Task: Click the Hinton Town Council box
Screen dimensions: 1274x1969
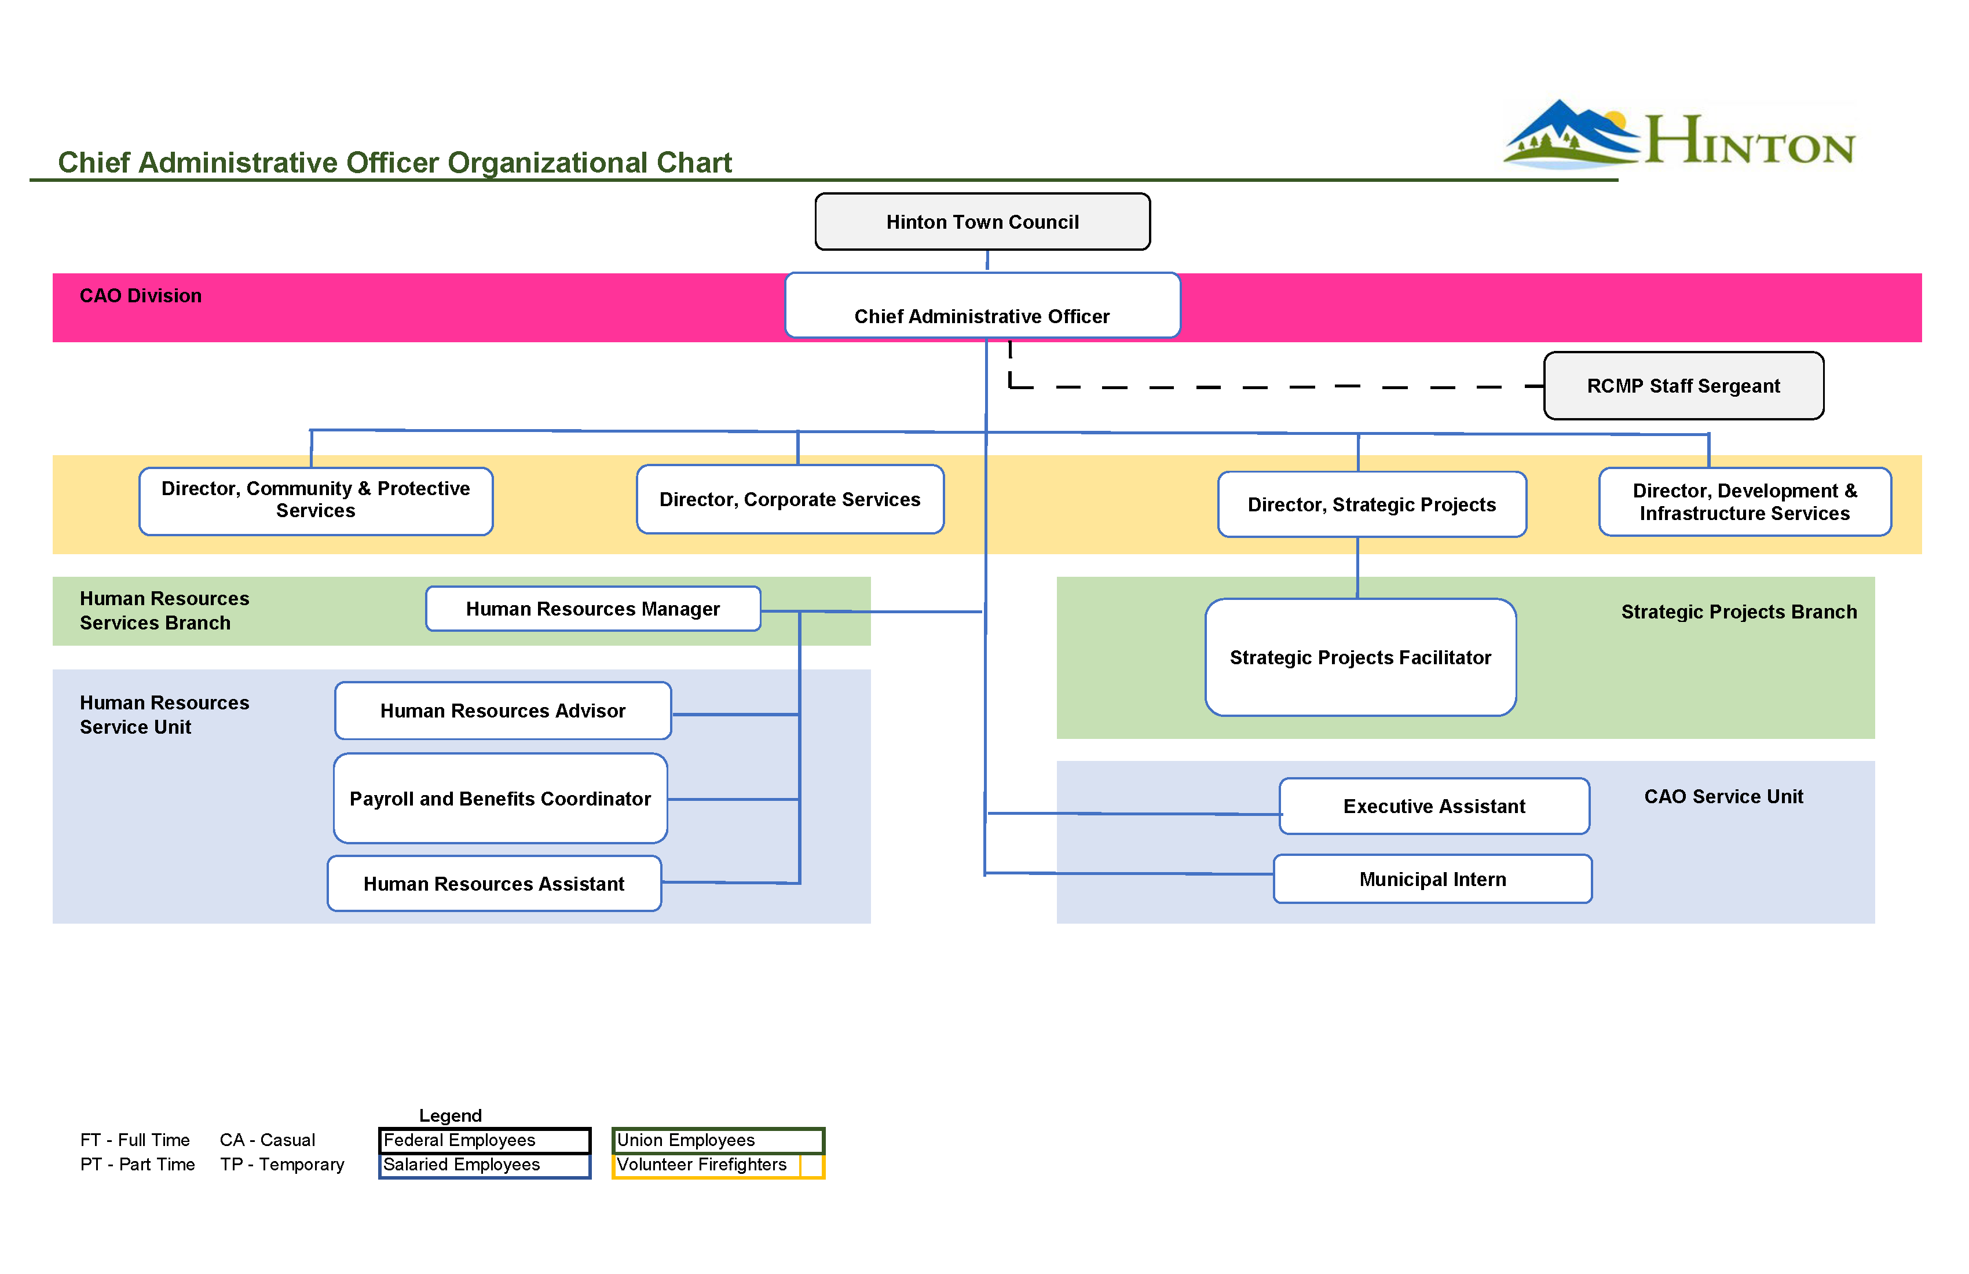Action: click(982, 222)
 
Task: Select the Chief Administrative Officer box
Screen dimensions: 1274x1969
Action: click(982, 306)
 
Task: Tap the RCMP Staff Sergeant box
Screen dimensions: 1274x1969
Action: click(1683, 386)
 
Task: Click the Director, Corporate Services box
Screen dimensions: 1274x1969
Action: click(789, 500)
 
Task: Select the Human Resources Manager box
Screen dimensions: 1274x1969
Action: click(592, 609)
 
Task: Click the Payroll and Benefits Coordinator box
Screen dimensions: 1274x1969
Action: click(500, 799)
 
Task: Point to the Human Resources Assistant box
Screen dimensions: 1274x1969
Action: click(494, 884)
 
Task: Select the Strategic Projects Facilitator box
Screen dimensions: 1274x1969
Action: click(1360, 658)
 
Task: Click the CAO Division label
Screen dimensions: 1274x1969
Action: click(141, 296)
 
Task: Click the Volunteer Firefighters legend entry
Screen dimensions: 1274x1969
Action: click(701, 1165)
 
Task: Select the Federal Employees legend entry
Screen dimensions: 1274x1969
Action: click(460, 1140)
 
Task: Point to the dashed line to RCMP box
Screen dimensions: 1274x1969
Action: click(1266, 386)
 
